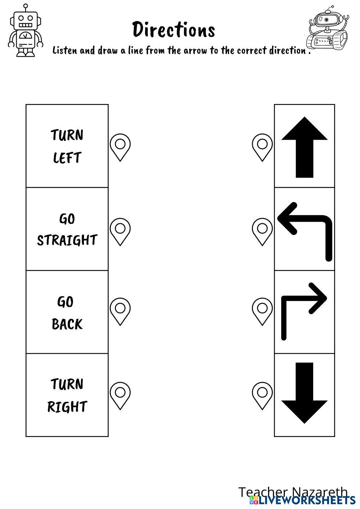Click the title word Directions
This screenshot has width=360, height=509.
174,29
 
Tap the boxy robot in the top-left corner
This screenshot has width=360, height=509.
26,30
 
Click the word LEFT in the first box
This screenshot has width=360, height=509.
67,157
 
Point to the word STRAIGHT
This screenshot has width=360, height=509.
67,240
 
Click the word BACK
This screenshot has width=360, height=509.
67,324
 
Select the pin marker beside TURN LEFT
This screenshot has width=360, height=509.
120,147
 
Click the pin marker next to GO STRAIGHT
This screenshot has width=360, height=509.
120,232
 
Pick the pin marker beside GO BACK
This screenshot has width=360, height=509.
120,311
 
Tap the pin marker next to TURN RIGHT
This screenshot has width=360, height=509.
120,396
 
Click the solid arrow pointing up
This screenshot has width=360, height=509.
304,147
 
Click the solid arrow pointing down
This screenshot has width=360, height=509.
304,393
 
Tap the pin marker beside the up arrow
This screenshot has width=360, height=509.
262,147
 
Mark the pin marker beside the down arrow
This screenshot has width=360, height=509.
262,396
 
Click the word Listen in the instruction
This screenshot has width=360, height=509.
64,50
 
